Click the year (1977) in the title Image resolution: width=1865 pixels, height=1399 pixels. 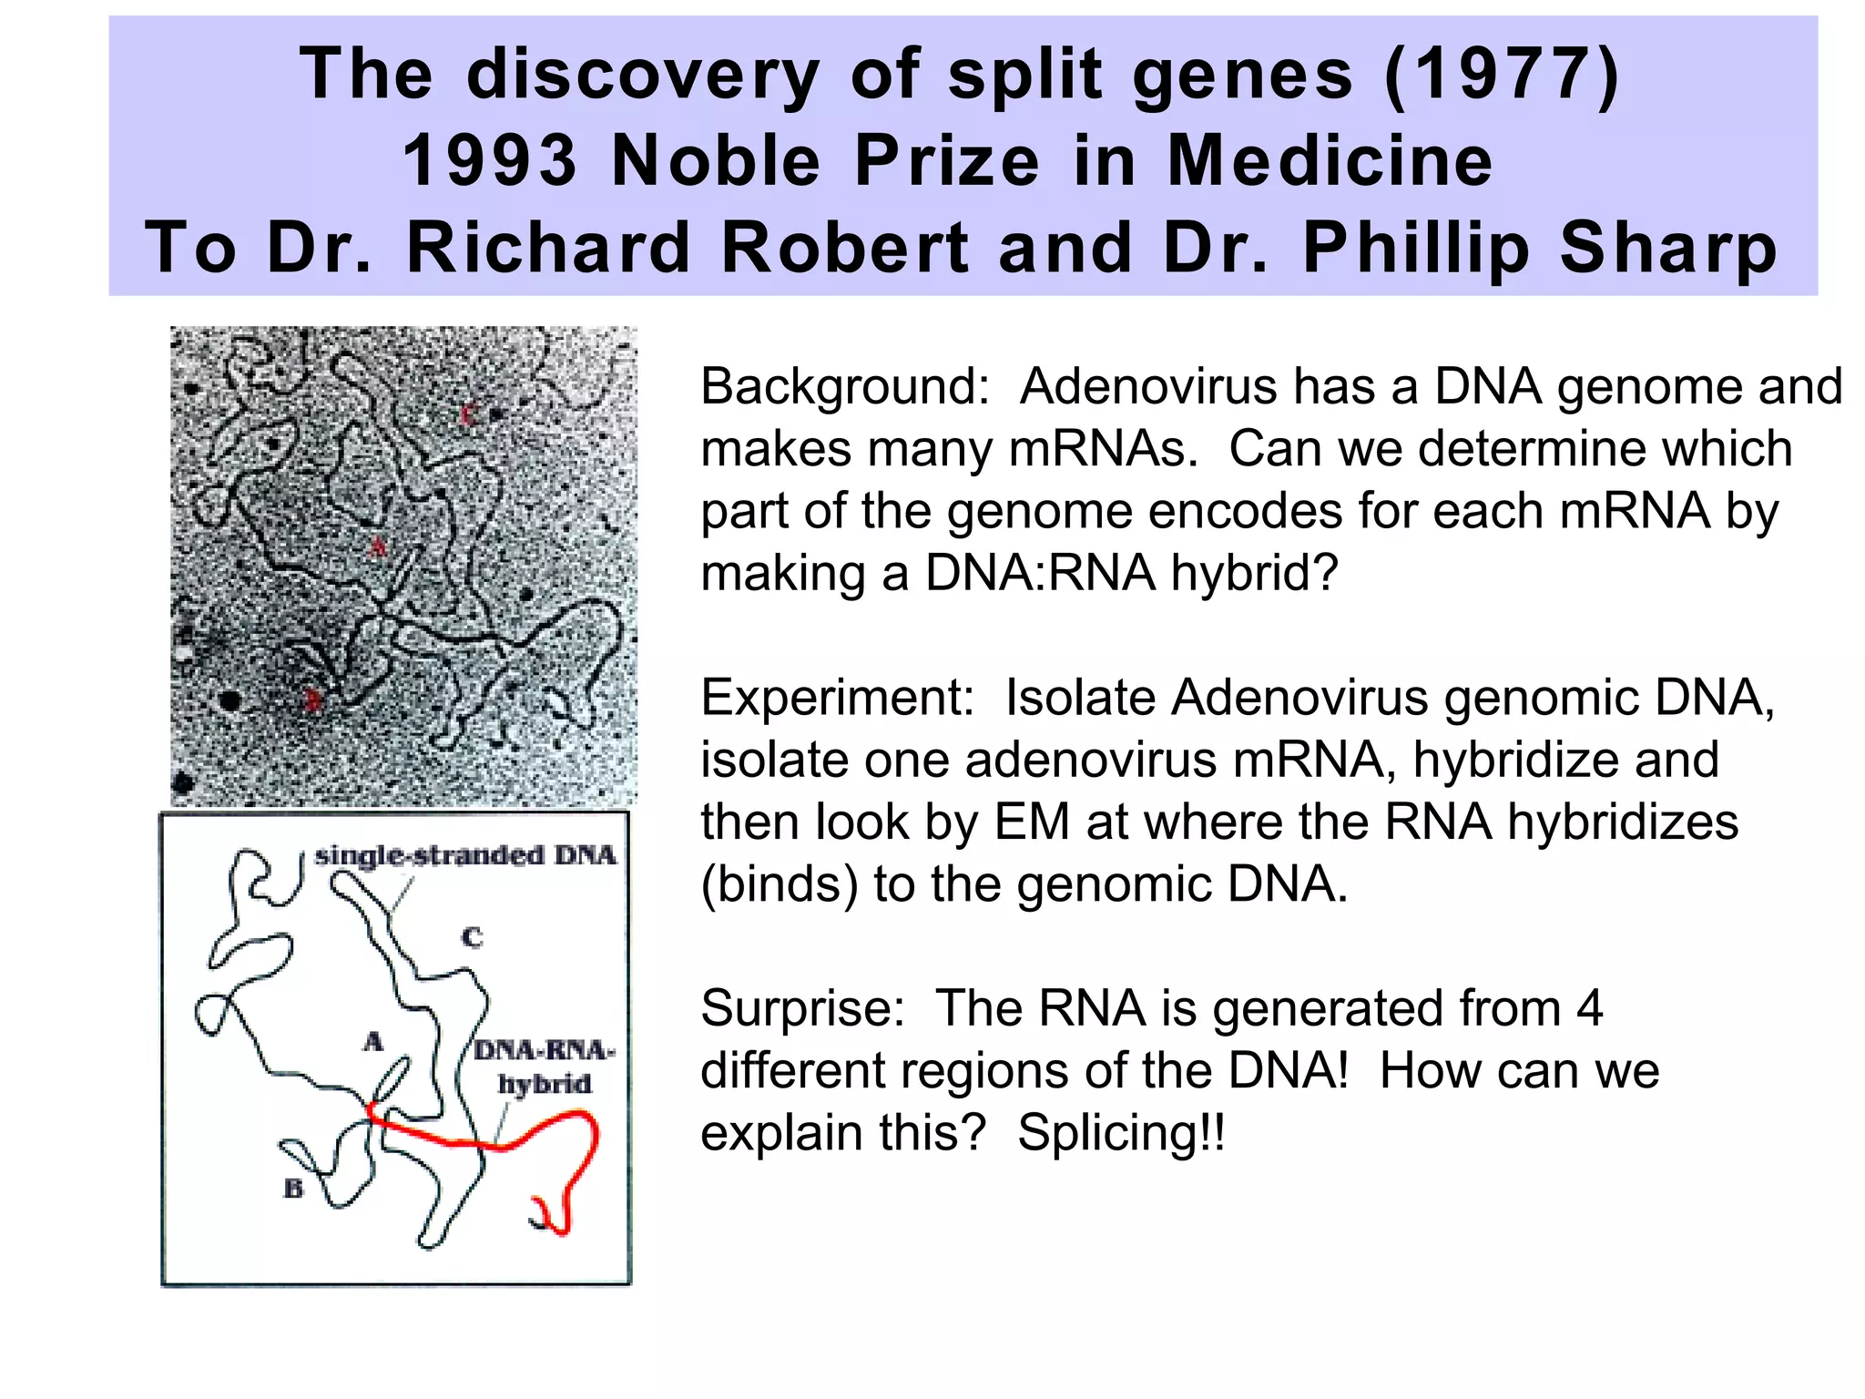(x=1502, y=75)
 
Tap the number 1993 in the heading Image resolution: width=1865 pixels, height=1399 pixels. (x=490, y=161)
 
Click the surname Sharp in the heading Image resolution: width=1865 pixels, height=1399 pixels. (x=1667, y=248)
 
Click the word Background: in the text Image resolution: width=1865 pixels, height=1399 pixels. (x=844, y=387)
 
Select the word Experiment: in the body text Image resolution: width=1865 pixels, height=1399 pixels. (x=837, y=699)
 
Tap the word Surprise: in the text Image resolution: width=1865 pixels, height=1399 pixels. (x=802, y=1009)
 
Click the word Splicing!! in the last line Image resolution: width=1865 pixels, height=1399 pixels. (x=1121, y=1134)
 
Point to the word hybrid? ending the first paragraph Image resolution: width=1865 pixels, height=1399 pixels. (x=1254, y=574)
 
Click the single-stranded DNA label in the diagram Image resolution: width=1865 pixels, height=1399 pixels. (x=465, y=855)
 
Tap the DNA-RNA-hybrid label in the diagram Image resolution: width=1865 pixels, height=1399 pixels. (x=544, y=1067)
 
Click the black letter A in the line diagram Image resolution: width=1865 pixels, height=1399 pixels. (x=372, y=1041)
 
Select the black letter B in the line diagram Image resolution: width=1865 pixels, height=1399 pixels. (x=293, y=1189)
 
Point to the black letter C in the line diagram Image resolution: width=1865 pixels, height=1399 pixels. (x=472, y=937)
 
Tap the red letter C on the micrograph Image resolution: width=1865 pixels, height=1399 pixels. (x=468, y=414)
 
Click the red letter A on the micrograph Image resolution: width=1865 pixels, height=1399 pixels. (x=378, y=546)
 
